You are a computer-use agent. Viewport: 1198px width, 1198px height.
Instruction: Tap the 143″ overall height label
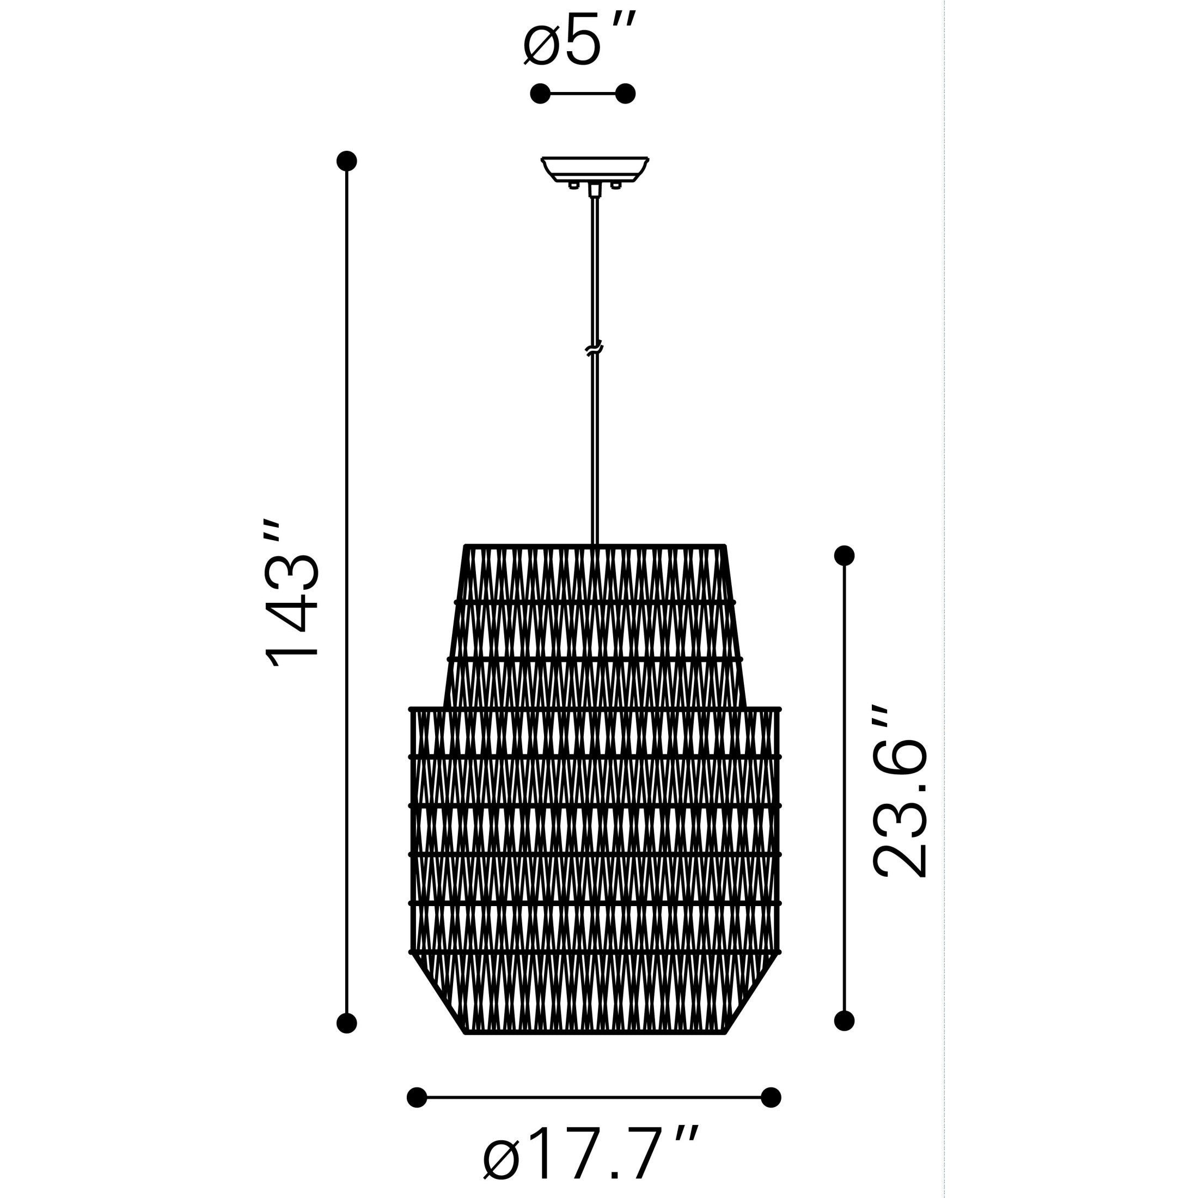[x=291, y=594]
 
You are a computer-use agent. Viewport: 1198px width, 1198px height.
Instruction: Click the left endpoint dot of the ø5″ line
[x=540, y=94]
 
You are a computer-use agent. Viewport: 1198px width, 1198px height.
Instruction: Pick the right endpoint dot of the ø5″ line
[x=626, y=94]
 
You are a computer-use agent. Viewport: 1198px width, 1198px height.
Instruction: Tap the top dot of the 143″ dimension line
[x=347, y=161]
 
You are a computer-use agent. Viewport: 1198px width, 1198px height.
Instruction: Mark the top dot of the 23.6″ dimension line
[x=845, y=555]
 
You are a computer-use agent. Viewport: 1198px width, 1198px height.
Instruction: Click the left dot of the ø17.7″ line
[x=417, y=1098]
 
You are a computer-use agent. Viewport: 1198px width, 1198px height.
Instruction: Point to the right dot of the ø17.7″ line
[x=771, y=1098]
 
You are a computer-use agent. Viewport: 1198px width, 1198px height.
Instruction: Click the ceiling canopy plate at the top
[x=595, y=167]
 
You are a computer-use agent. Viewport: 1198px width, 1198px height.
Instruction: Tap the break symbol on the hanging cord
[x=594, y=350]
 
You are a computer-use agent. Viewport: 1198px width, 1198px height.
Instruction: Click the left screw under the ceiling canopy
[x=573, y=185]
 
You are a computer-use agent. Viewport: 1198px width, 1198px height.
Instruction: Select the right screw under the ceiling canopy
[x=615, y=185]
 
